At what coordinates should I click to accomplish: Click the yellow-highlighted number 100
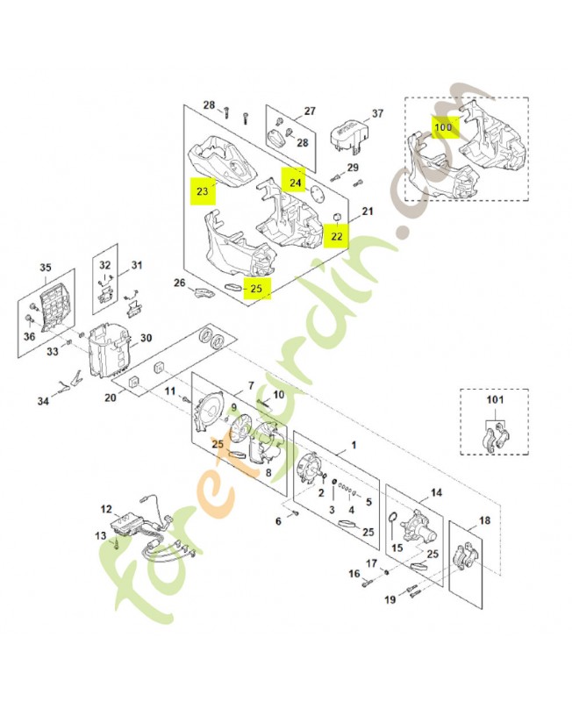click(x=443, y=127)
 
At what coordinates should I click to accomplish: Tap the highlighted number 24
click(x=294, y=181)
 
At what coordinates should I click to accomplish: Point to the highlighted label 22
click(x=335, y=235)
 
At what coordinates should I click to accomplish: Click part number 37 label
click(x=378, y=114)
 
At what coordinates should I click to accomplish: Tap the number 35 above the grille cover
click(x=46, y=268)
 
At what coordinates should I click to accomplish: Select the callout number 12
click(x=106, y=509)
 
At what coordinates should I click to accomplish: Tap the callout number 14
click(x=435, y=493)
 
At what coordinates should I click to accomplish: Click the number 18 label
click(x=484, y=520)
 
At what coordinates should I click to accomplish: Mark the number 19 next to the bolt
click(x=389, y=600)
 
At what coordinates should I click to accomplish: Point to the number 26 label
click(x=180, y=283)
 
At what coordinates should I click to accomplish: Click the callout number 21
click(x=367, y=211)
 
